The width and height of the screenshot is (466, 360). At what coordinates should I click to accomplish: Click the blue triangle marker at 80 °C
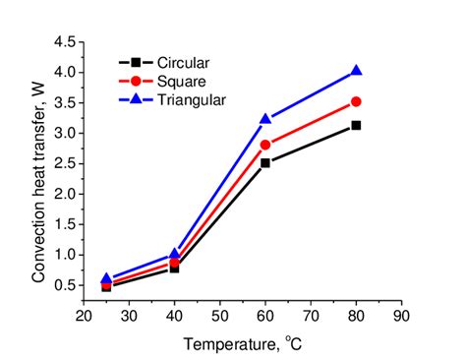(356, 71)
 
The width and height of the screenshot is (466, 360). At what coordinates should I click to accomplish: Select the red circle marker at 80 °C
(356, 101)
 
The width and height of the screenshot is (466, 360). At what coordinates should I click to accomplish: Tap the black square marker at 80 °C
(356, 125)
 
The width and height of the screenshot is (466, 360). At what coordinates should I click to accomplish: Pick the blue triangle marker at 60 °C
(265, 119)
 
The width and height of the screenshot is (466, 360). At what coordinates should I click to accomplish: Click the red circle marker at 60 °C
(265, 145)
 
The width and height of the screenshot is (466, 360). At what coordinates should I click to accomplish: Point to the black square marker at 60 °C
(265, 162)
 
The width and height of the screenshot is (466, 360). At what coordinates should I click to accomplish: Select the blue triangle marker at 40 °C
(175, 254)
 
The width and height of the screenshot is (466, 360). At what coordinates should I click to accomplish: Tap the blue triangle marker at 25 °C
(107, 278)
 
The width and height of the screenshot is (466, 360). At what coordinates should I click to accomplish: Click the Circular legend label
(183, 63)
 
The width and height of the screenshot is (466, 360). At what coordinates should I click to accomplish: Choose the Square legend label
(181, 81)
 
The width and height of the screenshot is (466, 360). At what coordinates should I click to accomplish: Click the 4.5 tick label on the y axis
(67, 42)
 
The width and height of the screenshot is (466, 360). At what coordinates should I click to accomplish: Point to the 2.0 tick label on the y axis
(67, 194)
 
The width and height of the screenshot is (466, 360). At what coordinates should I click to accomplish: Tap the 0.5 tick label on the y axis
(67, 285)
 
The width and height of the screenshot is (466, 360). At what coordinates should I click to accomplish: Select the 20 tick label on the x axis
(85, 316)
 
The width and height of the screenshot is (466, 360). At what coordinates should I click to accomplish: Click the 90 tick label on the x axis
(401, 316)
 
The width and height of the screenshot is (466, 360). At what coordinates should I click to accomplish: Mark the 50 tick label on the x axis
(220, 316)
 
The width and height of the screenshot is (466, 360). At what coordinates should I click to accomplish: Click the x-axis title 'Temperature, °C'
(242, 343)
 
